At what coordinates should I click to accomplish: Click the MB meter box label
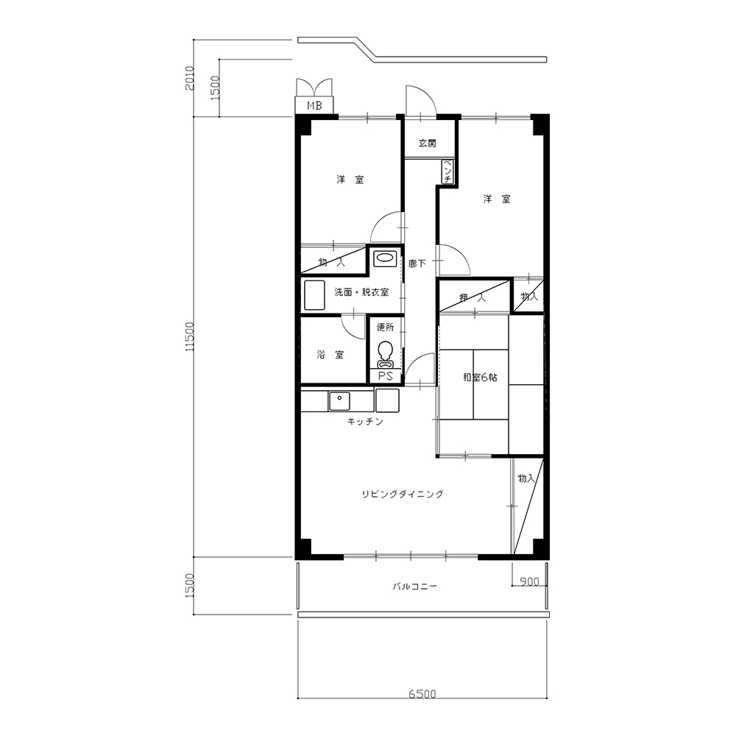[x=314, y=105]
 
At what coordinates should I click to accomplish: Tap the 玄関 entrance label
[x=427, y=143]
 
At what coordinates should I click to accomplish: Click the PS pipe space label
[x=386, y=376]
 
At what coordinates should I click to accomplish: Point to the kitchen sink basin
[x=339, y=401]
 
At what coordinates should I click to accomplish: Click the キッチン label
[x=365, y=422]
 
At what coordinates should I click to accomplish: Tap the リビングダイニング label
[x=403, y=494]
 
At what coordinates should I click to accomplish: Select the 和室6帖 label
[x=480, y=377]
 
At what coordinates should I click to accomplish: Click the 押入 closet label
[x=473, y=297]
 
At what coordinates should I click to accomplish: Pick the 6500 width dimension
[x=422, y=694]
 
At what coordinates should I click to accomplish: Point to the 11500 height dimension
[x=189, y=336]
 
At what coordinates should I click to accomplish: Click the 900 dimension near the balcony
[x=529, y=581]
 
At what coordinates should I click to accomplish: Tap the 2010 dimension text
[x=190, y=79]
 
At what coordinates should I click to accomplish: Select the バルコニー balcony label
[x=415, y=587]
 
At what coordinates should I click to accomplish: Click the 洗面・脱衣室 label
[x=361, y=292]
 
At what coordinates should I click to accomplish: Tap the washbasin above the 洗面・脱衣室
[x=385, y=258]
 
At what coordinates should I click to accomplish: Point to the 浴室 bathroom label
[x=330, y=355]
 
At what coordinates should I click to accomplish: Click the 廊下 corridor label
[x=417, y=263]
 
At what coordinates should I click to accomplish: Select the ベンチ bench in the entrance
[x=447, y=171]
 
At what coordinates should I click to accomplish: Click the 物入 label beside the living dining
[x=526, y=478]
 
